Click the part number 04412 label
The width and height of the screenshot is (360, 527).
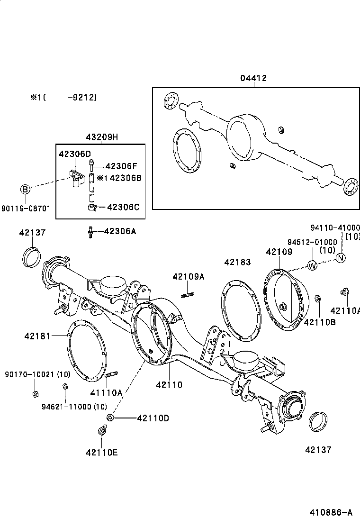[253, 78]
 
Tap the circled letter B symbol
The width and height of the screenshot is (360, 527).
[26, 190]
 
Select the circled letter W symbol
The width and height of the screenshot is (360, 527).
[312, 265]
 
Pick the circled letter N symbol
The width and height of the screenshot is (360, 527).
[341, 258]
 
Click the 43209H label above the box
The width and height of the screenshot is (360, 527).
[101, 137]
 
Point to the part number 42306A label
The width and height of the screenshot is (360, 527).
[119, 231]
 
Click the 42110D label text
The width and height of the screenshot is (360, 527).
[153, 418]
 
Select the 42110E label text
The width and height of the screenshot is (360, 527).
[101, 452]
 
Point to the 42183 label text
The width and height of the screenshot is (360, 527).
[237, 262]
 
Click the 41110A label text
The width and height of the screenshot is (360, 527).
[106, 392]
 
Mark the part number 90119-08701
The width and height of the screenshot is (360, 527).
[26, 208]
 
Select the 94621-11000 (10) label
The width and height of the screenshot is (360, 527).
[74, 406]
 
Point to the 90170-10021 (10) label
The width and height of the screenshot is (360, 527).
[37, 374]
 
